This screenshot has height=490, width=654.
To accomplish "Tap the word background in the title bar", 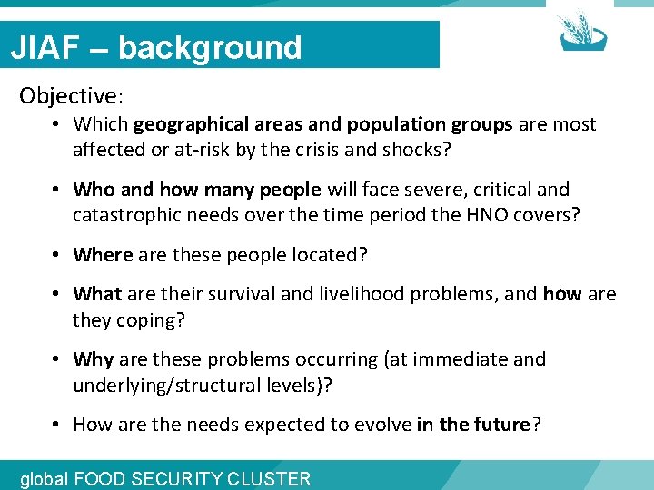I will (x=210, y=47).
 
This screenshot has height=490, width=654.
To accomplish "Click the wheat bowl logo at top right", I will (x=581, y=31).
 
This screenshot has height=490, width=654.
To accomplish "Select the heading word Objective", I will (x=68, y=95).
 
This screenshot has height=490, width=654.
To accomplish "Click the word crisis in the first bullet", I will (x=342, y=150).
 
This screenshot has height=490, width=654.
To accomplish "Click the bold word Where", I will (x=103, y=255).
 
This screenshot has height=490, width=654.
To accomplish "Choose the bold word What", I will (x=97, y=294).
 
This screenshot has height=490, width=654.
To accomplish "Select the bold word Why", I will (x=93, y=359).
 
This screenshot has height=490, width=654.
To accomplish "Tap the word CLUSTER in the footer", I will (x=272, y=479).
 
